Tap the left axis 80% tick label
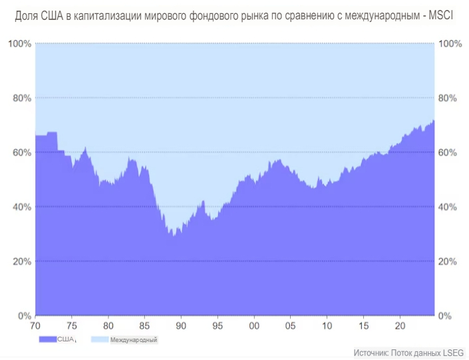[x=19, y=98]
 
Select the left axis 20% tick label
[x=19, y=262]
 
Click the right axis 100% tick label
[x=451, y=44]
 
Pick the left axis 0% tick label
[x=22, y=315]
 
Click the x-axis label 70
[x=36, y=327]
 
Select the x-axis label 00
[x=253, y=327]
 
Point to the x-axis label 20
[x=399, y=327]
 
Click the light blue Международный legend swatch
[x=98, y=339]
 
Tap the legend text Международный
[x=134, y=340]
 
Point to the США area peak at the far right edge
[x=433, y=121]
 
